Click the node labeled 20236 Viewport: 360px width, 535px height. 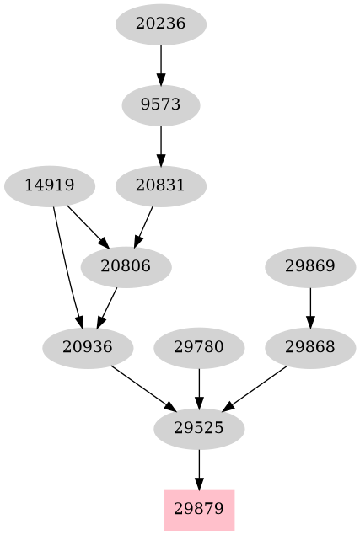coord(160,24)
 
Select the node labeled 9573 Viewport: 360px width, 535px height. coord(160,105)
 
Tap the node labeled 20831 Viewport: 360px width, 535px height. coord(160,186)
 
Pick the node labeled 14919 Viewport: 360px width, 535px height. coord(50,186)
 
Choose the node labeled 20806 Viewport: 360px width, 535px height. coord(126,267)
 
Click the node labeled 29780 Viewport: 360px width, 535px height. coord(199,346)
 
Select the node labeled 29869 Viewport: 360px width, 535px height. coord(310,267)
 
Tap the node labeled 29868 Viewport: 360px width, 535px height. coord(310,346)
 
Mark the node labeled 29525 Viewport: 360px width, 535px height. coord(199,428)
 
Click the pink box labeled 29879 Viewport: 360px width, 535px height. coord(199,509)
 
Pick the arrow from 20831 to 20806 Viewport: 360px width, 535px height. coord(145,224)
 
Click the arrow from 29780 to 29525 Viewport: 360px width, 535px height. coord(199,387)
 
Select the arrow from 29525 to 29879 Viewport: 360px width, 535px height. coord(199,468)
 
